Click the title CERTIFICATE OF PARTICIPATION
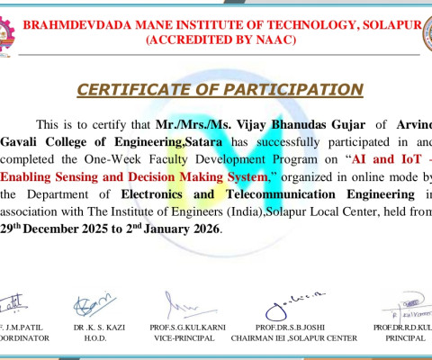coord(220,89)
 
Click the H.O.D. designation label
coord(94,337)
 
